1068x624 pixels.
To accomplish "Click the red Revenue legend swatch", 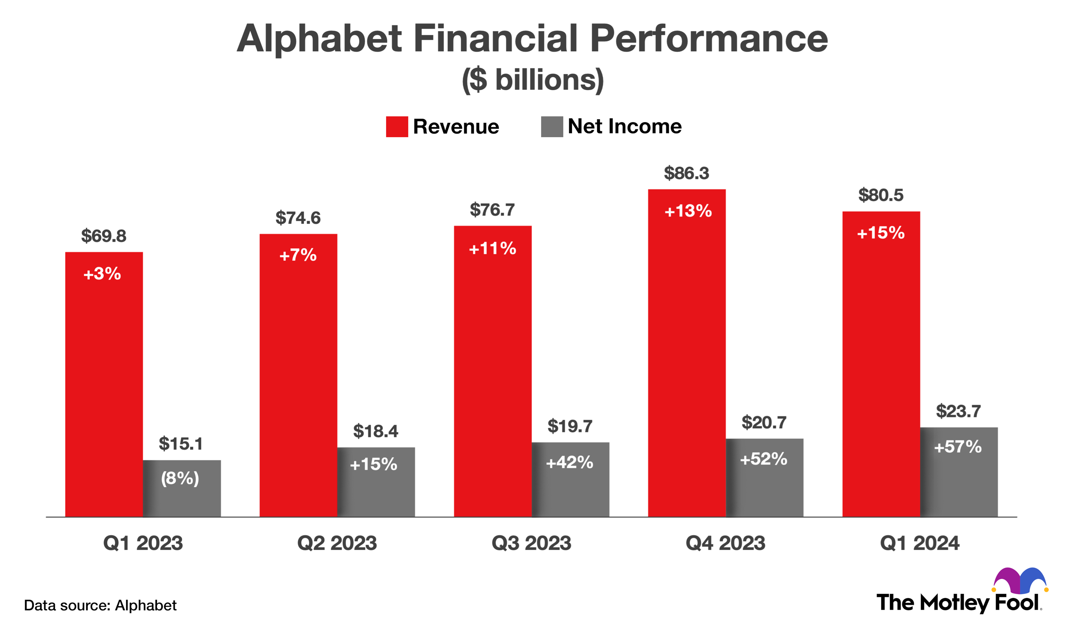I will (397, 127).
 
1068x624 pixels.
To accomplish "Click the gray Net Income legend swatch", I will (552, 127).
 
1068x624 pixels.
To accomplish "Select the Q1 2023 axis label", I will (143, 543).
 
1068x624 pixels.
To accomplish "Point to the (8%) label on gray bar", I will (180, 479).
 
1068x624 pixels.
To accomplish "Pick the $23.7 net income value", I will (958, 411).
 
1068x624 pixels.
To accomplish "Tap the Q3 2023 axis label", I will (531, 543).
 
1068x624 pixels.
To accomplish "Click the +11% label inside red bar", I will (492, 248).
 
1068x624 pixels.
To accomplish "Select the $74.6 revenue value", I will (298, 218).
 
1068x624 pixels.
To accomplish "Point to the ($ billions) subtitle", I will (533, 80).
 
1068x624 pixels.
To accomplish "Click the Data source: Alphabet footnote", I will (100, 605).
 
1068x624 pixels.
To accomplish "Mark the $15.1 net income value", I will (181, 444).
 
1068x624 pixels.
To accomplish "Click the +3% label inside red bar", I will (102, 274).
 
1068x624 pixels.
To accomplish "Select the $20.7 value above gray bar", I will (764, 423).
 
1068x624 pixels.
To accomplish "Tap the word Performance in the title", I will (708, 39).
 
